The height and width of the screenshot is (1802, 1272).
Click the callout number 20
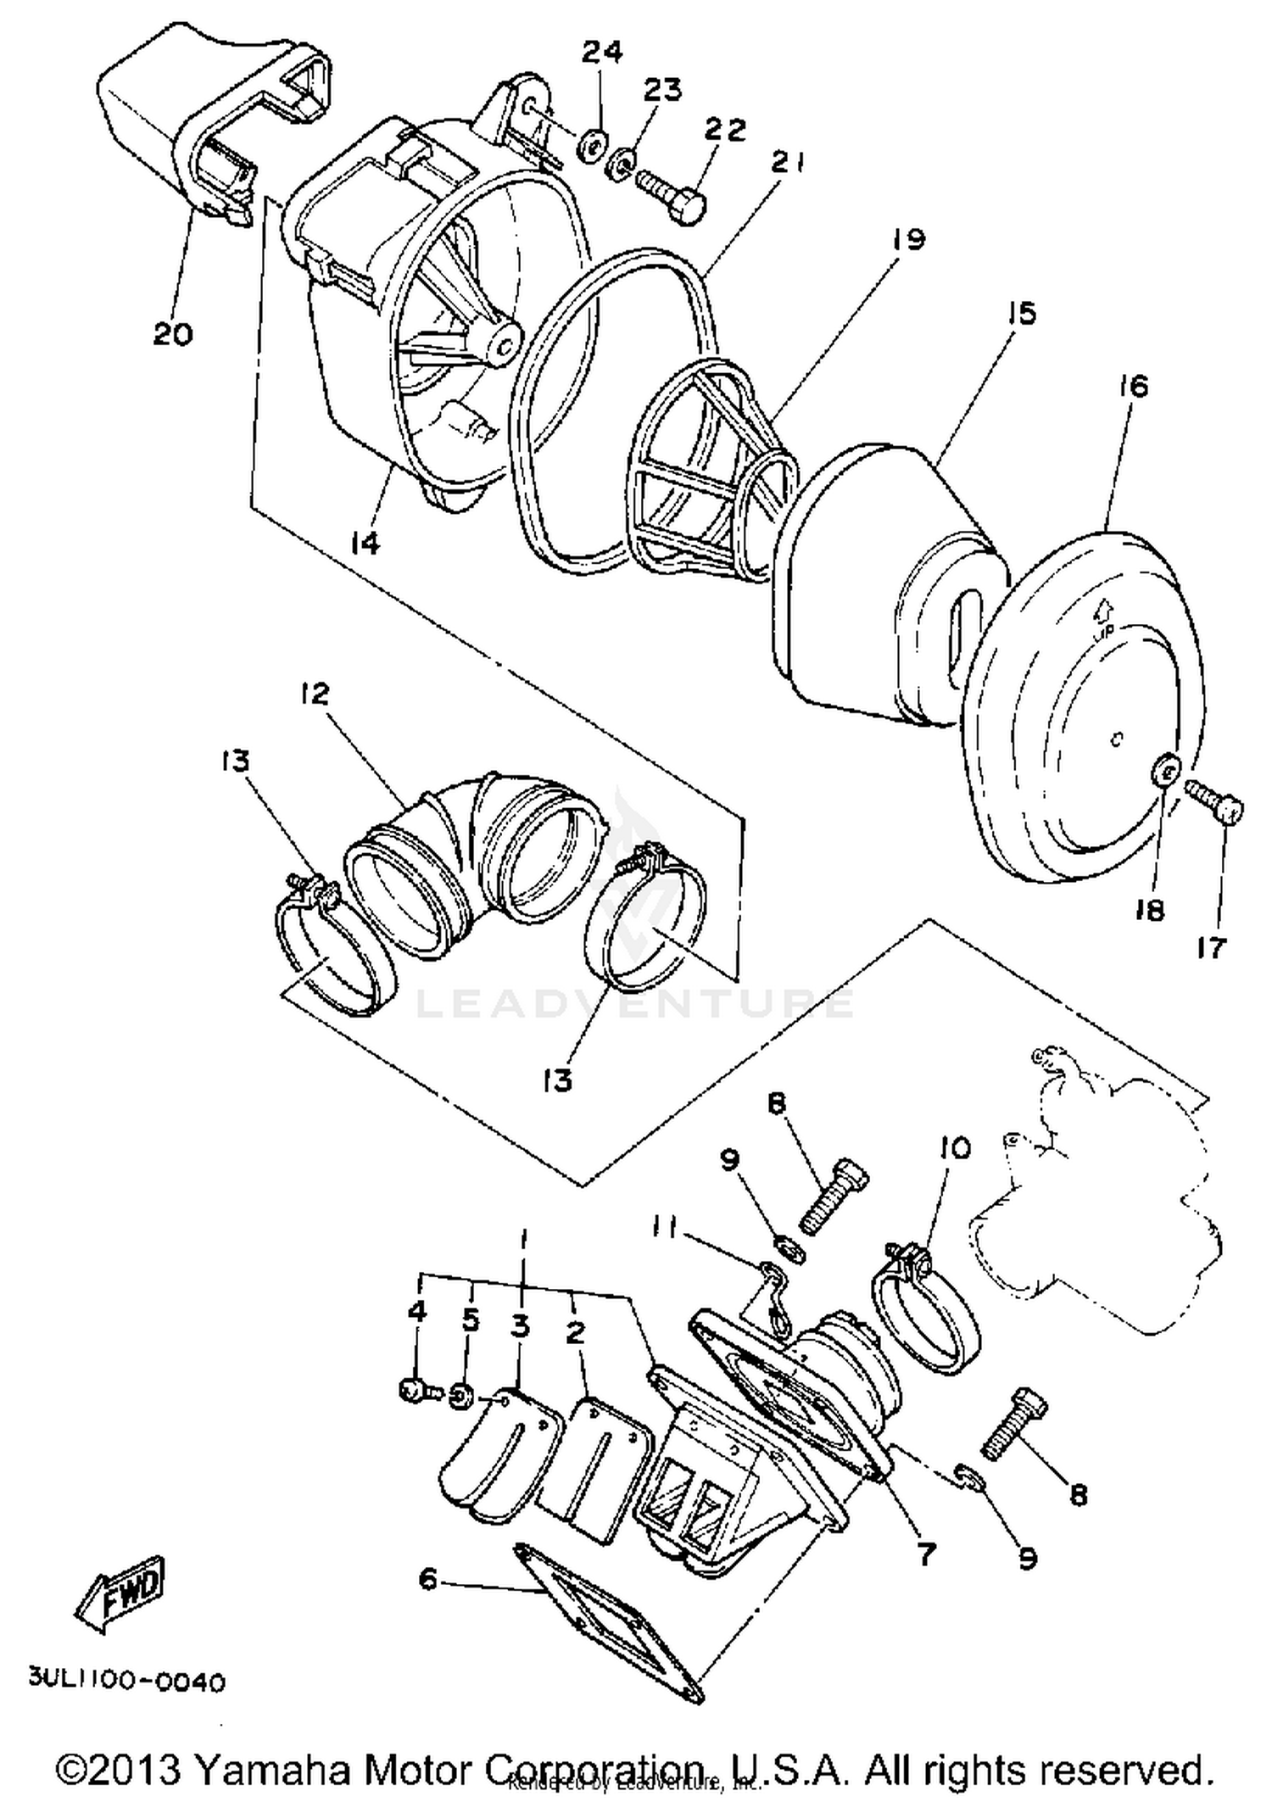(173, 333)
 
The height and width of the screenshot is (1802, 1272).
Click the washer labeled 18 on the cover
(1165, 771)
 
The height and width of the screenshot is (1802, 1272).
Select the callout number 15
(1024, 313)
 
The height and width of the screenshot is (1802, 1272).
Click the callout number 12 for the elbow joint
(313, 694)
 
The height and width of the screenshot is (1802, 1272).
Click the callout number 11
(666, 1227)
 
